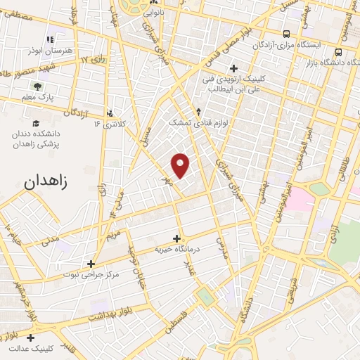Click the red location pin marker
181,165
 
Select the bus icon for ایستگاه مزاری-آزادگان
286,34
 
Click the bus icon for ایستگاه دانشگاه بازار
339,52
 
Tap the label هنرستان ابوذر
49,51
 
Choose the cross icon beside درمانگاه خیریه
176,238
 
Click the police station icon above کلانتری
109,112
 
